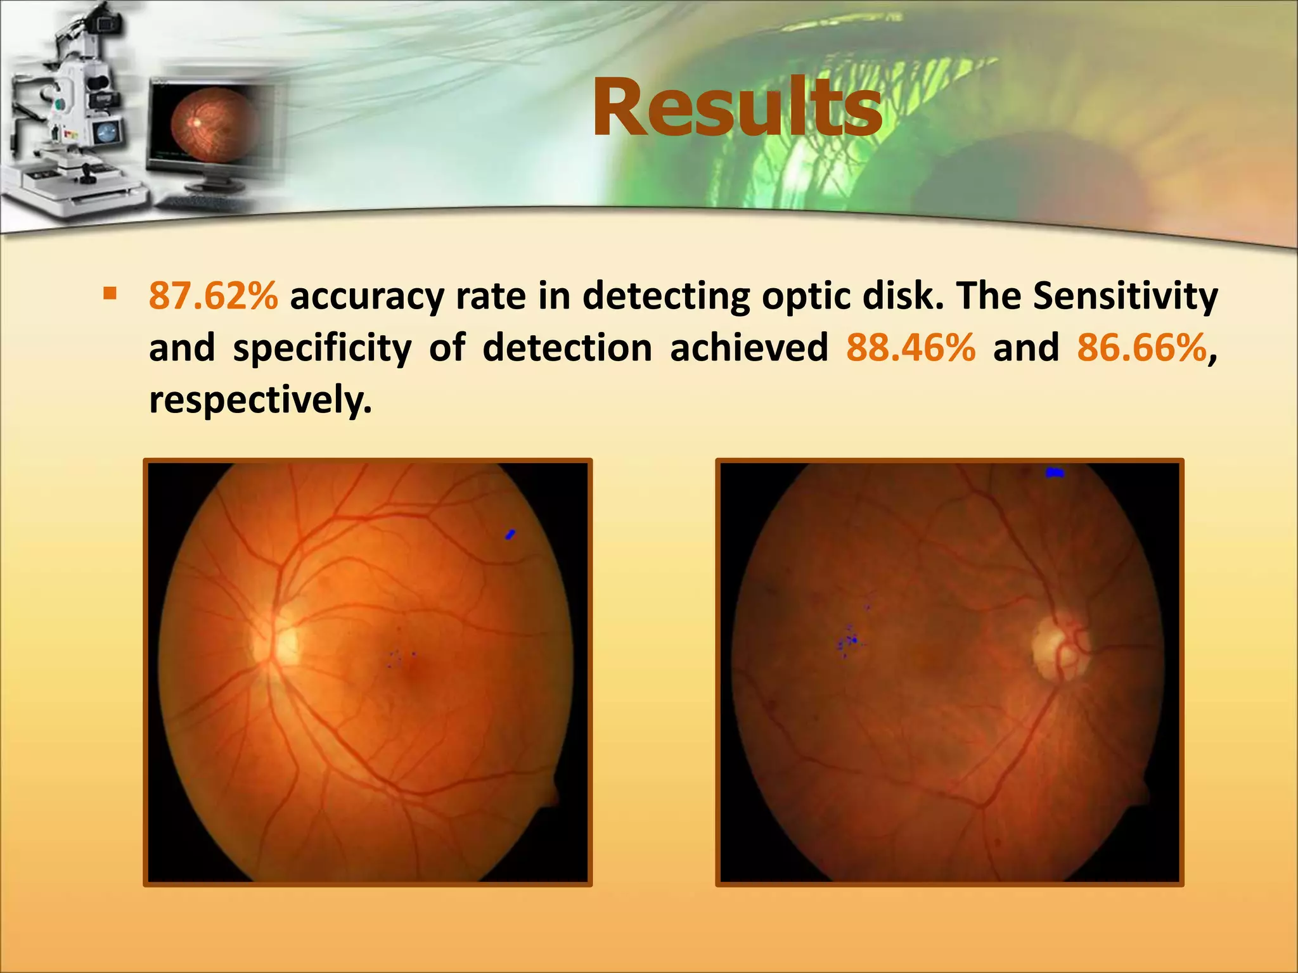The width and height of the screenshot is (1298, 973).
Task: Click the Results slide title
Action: coord(736,108)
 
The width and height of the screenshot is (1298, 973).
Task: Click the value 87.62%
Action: coord(213,296)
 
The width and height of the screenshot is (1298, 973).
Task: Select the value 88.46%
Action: coord(911,348)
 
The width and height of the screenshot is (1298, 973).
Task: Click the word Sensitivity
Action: coord(1125,296)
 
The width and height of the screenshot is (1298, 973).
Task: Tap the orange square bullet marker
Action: coord(110,293)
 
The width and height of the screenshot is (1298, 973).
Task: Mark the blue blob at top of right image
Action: coord(1055,473)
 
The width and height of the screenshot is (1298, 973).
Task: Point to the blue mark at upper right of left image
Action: coord(510,535)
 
